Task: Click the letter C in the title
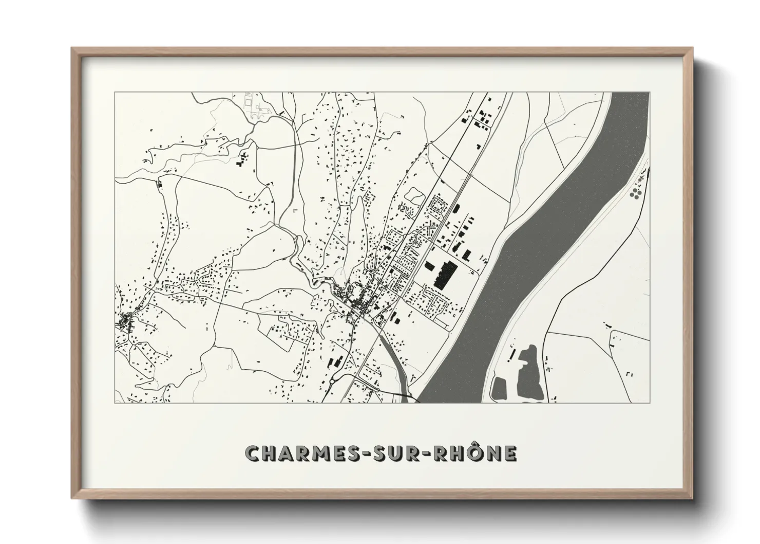[x=254, y=453]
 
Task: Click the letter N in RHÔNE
[x=491, y=453]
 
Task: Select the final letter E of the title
[x=510, y=453]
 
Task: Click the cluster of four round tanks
[x=635, y=192]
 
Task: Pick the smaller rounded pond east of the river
[x=499, y=388]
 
